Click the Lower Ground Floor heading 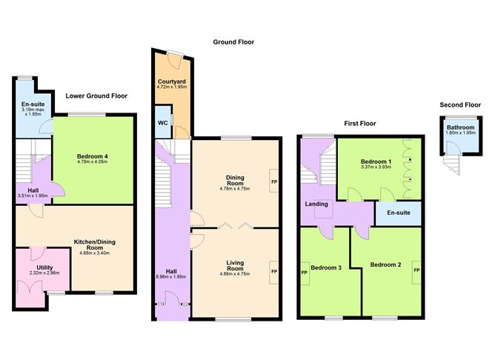coord(96,96)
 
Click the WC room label coord(161,124)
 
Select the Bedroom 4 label coord(93,156)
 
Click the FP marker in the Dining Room coord(273,181)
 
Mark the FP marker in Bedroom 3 coord(305,272)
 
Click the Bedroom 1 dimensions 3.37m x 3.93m coord(376,168)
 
